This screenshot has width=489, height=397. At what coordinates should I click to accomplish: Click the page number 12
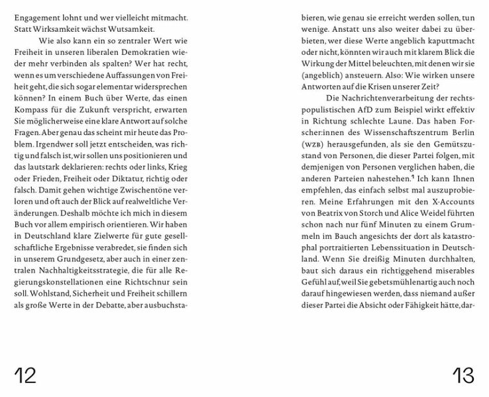click(x=25, y=375)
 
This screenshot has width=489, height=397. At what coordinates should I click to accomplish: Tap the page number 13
click(x=463, y=375)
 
